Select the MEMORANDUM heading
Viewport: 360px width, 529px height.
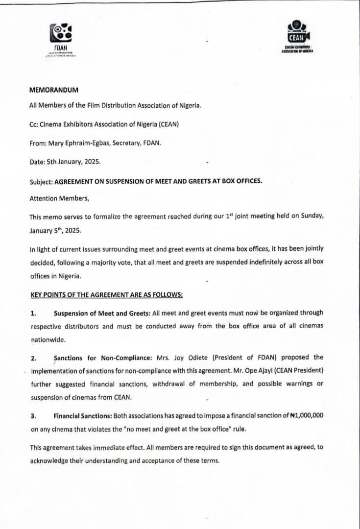coord(54,90)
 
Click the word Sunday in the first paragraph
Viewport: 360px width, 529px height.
coord(307,216)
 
